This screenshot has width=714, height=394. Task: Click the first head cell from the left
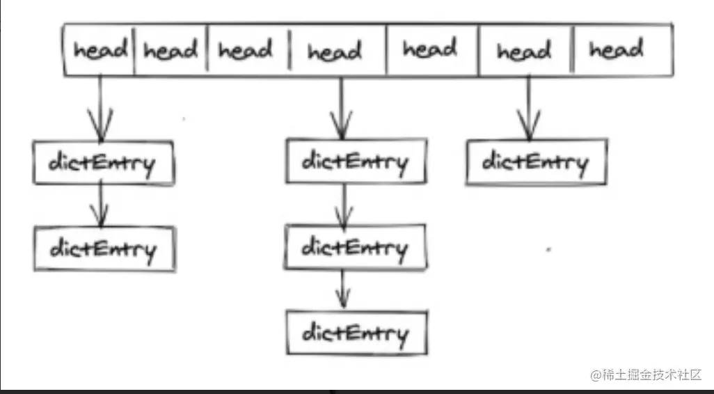click(x=100, y=51)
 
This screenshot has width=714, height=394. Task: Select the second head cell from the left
click(x=170, y=51)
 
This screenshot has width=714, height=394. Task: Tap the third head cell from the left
click(x=246, y=51)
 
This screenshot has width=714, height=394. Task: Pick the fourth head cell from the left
click(x=336, y=51)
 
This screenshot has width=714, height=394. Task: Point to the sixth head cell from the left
click(x=524, y=51)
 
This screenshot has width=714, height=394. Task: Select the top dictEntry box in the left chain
click(x=102, y=163)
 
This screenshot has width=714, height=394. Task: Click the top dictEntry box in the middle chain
click(x=355, y=163)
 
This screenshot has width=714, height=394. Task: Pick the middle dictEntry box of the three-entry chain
click(x=355, y=248)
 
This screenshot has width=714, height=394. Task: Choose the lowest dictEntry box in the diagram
click(x=355, y=333)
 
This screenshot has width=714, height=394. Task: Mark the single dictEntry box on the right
click(x=536, y=162)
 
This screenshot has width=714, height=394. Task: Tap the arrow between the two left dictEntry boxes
click(x=102, y=205)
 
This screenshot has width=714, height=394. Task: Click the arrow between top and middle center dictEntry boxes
click(x=342, y=205)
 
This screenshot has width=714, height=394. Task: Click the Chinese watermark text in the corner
click(x=646, y=375)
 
